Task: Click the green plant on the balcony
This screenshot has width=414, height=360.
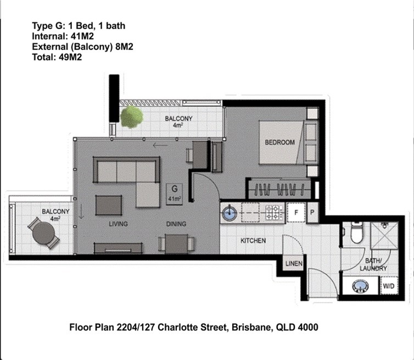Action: pyautogui.click(x=131, y=117)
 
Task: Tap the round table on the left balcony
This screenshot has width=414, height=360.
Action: pyautogui.click(x=43, y=233)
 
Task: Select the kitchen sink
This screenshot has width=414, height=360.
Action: pyautogui.click(x=229, y=213)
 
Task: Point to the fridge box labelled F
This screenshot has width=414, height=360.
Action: pyautogui.click(x=296, y=212)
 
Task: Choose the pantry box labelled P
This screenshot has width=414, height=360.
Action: pyautogui.click(x=312, y=212)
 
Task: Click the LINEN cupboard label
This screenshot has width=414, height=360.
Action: pyautogui.click(x=294, y=263)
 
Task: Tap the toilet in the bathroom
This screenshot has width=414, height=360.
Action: pyautogui.click(x=356, y=232)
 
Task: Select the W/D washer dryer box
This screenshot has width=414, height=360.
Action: pyautogui.click(x=389, y=286)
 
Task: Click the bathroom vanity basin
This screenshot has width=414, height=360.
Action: pyautogui.click(x=360, y=286)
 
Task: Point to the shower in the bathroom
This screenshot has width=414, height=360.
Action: pyautogui.click(x=384, y=235)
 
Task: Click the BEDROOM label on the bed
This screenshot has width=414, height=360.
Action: pyautogui.click(x=279, y=142)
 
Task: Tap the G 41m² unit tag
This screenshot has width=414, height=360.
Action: pyautogui.click(x=174, y=194)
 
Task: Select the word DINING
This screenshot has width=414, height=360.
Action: pyautogui.click(x=176, y=224)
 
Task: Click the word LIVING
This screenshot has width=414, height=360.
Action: pyautogui.click(x=118, y=224)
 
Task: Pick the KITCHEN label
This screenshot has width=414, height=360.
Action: pyautogui.click(x=253, y=241)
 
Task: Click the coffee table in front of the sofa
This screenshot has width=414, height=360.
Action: pyautogui.click(x=109, y=205)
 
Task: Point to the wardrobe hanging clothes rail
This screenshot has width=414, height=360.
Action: pyautogui.click(x=279, y=189)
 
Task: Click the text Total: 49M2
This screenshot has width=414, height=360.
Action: pyautogui.click(x=57, y=57)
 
